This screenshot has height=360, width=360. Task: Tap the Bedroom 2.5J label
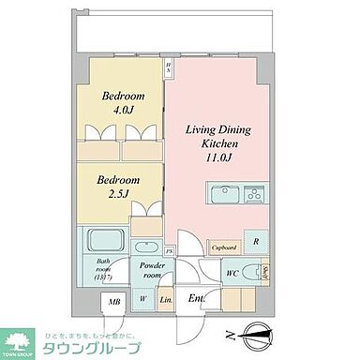[x=120, y=186]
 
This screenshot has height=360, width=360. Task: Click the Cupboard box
[x=223, y=247]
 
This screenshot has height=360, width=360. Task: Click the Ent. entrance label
[x=196, y=298]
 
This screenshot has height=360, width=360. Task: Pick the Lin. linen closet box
[x=165, y=299]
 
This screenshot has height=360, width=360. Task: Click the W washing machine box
[x=143, y=299]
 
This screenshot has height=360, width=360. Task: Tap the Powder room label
[x=152, y=272]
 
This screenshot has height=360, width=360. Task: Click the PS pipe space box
[x=169, y=251]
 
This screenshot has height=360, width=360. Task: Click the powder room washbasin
[x=146, y=248]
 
